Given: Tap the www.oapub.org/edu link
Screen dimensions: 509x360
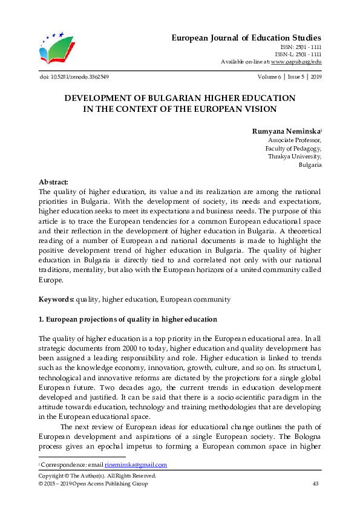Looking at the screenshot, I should (x=296, y=62).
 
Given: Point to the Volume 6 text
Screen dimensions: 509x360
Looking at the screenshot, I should (x=266, y=77).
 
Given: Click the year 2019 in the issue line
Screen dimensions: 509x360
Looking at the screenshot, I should (x=315, y=77).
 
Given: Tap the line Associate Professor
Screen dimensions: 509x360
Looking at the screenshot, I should (x=294, y=139).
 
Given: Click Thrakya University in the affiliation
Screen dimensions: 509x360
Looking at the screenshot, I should (x=295, y=156).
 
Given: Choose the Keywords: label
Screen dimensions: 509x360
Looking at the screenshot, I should (x=56, y=299).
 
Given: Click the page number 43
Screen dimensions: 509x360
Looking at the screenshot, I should (x=315, y=484).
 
